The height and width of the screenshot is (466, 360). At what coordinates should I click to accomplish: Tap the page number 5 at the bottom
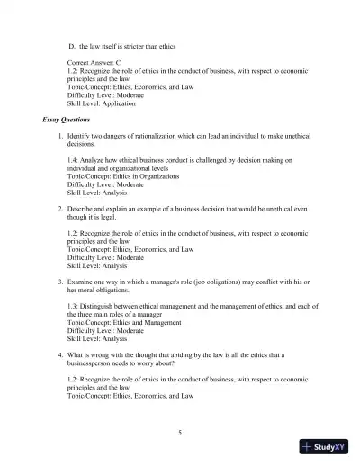click(x=180, y=433)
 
